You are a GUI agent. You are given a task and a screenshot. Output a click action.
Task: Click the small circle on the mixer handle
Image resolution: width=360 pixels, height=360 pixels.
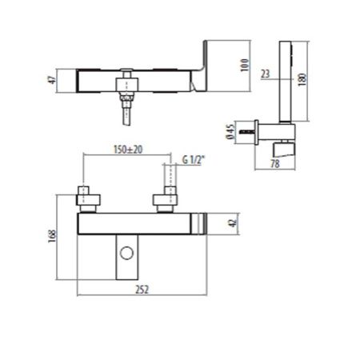point(126,254)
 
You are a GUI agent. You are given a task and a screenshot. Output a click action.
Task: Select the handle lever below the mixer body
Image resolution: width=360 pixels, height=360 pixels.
point(126,258)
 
